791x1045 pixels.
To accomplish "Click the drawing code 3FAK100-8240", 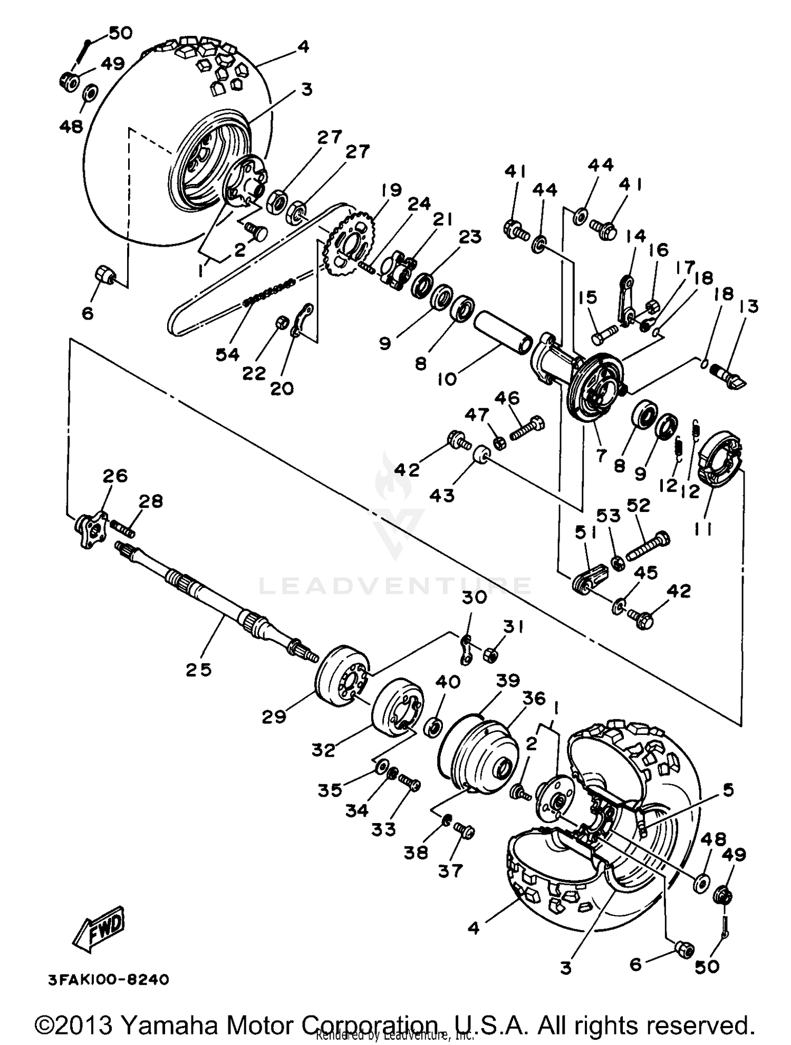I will tap(109, 980).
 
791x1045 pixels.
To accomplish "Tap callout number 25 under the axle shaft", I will tap(199, 670).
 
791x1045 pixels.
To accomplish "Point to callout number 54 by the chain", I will tap(228, 355).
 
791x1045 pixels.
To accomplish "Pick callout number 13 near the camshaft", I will tap(749, 306).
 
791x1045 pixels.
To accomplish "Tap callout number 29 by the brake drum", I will tap(274, 717).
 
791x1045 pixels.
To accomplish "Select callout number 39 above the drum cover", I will tap(508, 680).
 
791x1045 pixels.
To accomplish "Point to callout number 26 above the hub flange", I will tap(115, 476).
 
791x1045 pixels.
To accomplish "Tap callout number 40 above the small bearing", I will tap(448, 682).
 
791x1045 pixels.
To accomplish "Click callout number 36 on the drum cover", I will tap(534, 699).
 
